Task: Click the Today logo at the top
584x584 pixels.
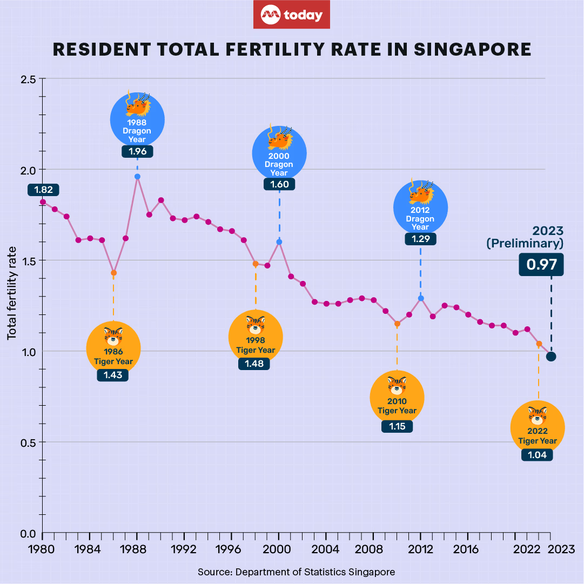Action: click(292, 15)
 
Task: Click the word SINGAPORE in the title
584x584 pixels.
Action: click(473, 49)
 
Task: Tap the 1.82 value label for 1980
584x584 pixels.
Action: click(43, 190)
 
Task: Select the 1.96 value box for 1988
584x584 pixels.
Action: click(137, 151)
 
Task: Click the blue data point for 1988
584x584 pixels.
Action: click(137, 177)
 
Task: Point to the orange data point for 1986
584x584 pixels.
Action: click(113, 273)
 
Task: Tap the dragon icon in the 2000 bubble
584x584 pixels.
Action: click(279, 140)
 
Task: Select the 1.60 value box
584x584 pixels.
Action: click(279, 184)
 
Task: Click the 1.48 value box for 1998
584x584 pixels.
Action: click(254, 364)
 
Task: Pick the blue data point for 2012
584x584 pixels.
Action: click(421, 298)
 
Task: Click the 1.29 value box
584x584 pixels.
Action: click(420, 238)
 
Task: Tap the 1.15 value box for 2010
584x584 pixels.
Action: click(397, 426)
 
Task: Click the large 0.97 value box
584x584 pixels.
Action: click(541, 265)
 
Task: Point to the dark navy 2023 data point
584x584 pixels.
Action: click(551, 357)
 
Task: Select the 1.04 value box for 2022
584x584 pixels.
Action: click(537, 455)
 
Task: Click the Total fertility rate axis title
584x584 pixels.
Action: click(11, 293)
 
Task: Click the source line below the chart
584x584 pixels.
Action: click(296, 572)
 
